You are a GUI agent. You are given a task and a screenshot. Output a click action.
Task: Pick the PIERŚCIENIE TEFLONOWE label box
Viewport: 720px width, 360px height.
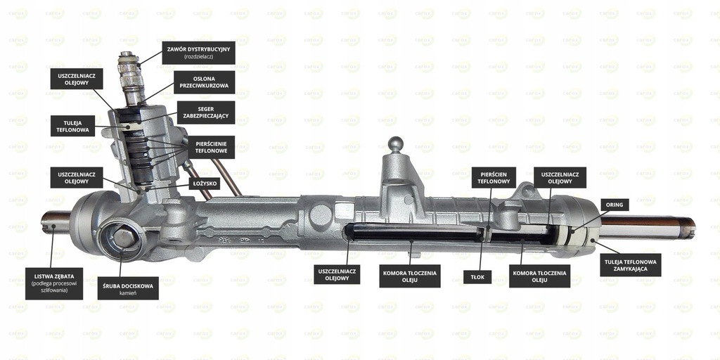click(x=210, y=148)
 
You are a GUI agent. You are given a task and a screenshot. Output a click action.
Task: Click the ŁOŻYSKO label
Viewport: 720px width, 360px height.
click(x=206, y=184)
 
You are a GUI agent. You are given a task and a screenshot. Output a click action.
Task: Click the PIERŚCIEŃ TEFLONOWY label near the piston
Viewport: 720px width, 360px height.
click(x=494, y=177)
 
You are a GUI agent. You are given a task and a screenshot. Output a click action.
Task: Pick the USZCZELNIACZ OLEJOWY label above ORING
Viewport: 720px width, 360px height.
click(x=560, y=177)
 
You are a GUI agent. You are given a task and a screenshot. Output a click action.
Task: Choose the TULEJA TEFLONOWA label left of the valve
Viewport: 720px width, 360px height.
click(x=73, y=125)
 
